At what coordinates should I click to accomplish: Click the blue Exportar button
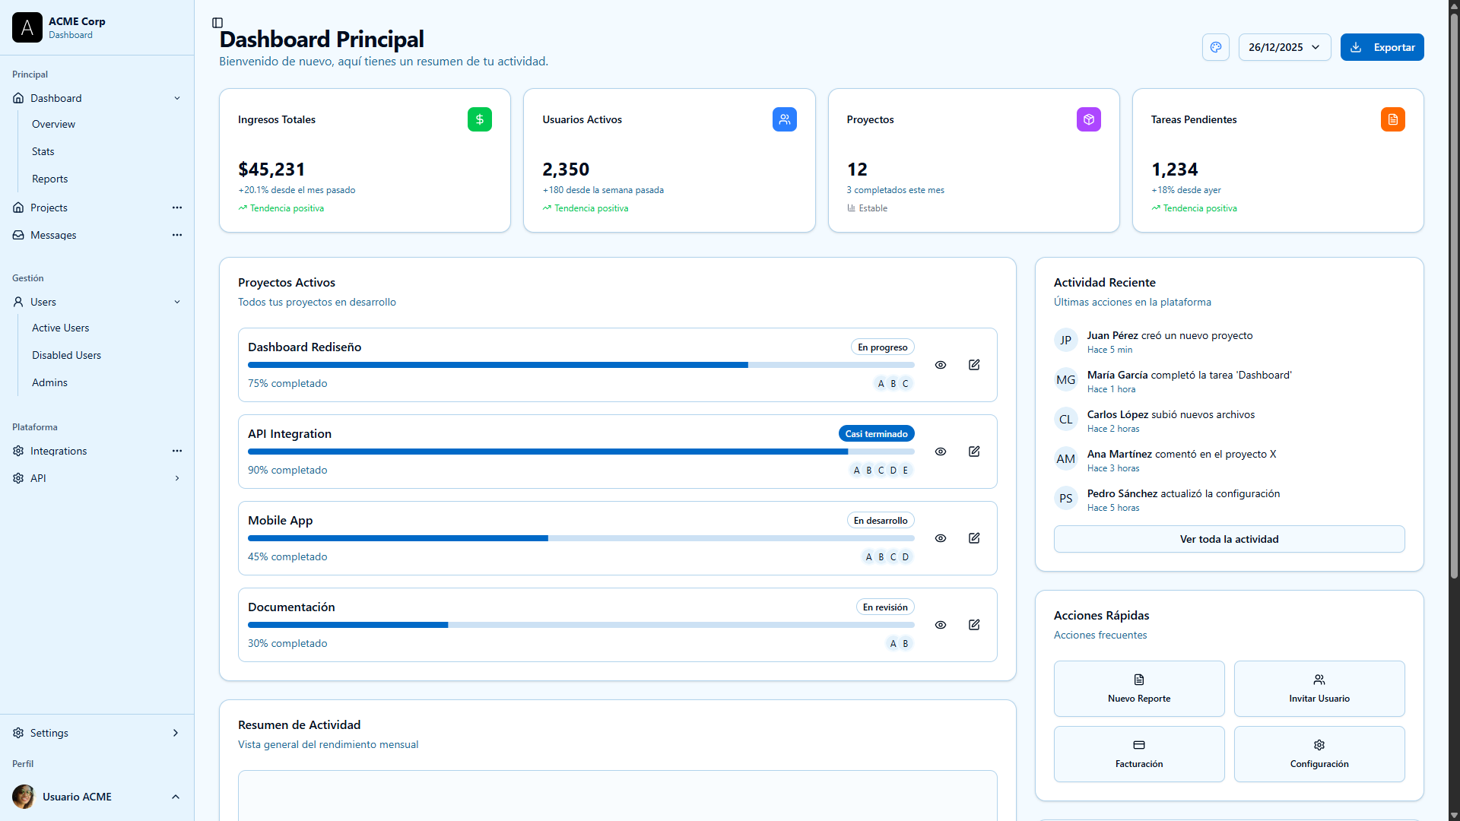[1382, 47]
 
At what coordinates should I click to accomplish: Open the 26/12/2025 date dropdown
[1284, 47]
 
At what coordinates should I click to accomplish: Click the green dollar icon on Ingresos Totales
[479, 119]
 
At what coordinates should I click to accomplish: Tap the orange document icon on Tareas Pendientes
[1392, 119]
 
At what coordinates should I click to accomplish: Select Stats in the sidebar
[43, 151]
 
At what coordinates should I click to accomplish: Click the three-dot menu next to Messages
[177, 235]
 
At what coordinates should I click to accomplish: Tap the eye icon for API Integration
[941, 452]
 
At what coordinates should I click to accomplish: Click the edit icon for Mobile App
[974, 538]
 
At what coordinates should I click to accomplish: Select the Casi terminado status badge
[876, 434]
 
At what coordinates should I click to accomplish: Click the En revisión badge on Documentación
[884, 607]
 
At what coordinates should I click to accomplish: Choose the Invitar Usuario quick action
[1319, 689]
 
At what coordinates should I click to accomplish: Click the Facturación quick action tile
[1138, 754]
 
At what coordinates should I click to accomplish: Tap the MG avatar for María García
[1065, 380]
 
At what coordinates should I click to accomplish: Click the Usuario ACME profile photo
[24, 797]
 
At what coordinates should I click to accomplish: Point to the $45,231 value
[271, 170]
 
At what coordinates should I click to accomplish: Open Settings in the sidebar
[49, 733]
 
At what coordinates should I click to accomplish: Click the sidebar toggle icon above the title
[217, 23]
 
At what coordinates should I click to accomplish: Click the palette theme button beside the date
[1215, 47]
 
